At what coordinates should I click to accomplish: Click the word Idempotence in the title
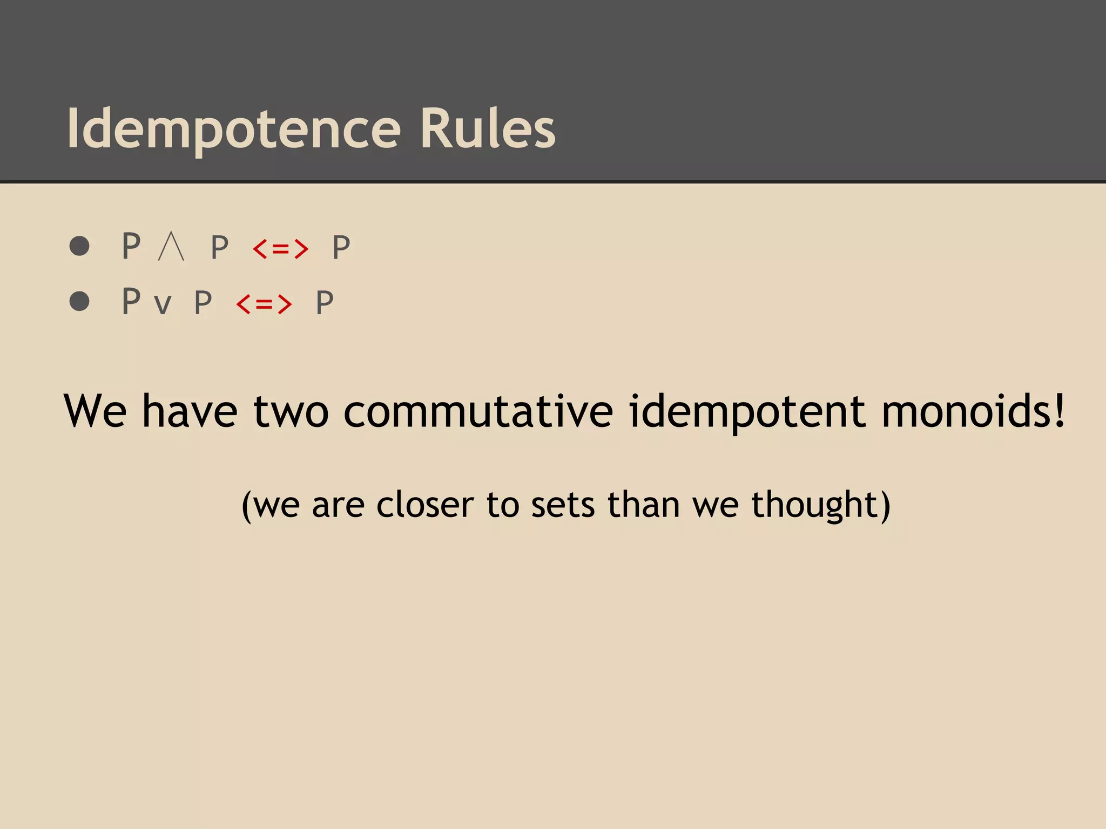coord(233,128)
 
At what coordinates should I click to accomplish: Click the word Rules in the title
coord(487,128)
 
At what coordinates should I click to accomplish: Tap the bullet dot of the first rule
coord(79,246)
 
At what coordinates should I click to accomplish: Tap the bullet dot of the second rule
coord(79,301)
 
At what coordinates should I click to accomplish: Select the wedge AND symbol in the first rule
coord(171,247)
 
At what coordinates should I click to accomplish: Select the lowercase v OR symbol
coord(163,304)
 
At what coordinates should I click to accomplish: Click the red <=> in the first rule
coord(280,249)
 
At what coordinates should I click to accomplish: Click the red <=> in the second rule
coord(264,304)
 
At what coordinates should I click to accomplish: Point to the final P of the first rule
coord(341,248)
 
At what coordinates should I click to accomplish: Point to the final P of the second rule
coord(325,302)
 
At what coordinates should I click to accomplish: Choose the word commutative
coord(478,411)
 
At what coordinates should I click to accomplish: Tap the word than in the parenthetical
coord(643,505)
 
